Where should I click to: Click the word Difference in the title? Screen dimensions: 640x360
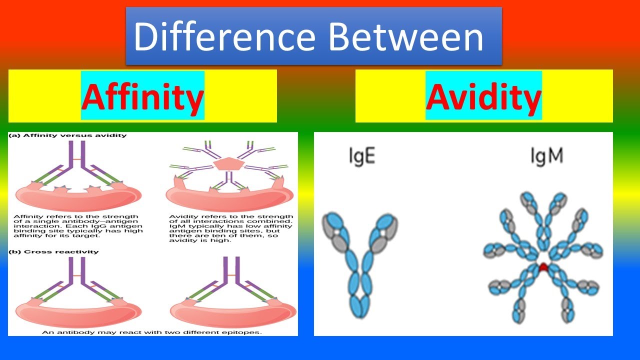[224, 37]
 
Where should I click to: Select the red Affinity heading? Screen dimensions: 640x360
[142, 96]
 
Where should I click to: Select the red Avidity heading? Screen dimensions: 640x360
[483, 96]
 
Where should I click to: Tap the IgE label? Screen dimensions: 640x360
[362, 156]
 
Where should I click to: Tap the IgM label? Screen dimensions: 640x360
[547, 156]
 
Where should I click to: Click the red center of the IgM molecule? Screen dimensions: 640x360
[543, 267]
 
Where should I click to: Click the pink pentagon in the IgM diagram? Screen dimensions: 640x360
[229, 163]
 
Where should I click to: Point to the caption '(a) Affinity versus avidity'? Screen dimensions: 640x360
[67, 135]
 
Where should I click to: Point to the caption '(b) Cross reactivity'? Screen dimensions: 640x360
[53, 251]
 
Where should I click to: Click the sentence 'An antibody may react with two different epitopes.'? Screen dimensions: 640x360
[151, 332]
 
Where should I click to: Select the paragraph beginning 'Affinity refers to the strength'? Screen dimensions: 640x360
[78, 226]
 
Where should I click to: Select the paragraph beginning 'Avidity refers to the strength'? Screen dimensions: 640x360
[231, 228]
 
